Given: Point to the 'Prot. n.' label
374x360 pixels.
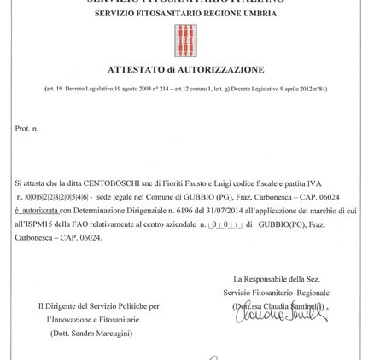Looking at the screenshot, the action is coord(26,128).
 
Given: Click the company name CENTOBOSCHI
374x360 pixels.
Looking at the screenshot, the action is coord(102,183).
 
